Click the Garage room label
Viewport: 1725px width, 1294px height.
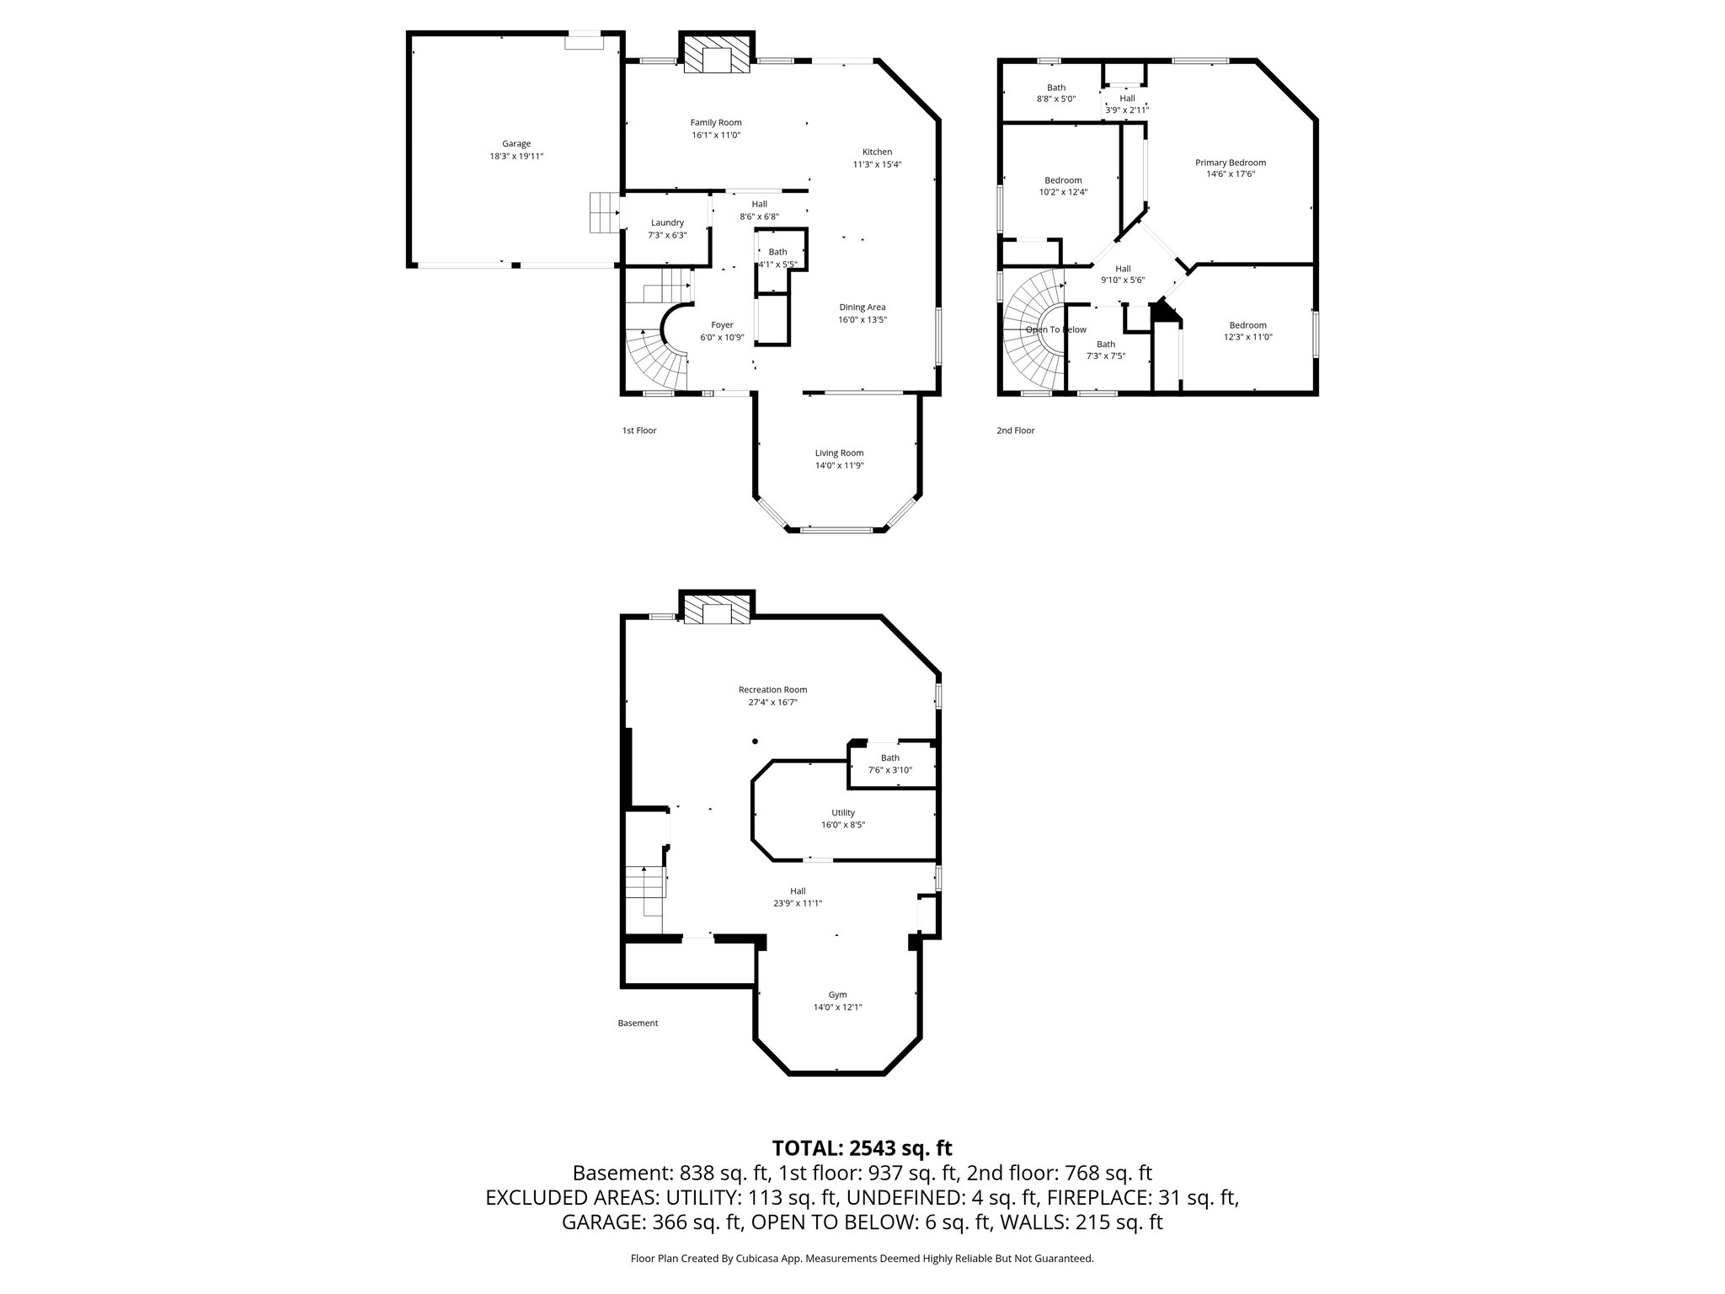(516, 144)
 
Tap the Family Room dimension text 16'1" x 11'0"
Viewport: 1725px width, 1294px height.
(716, 135)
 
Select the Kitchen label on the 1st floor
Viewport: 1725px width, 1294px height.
(877, 152)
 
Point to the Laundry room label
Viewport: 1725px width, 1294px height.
(667, 223)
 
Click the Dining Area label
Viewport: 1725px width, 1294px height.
(862, 307)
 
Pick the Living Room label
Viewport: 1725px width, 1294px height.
(839, 453)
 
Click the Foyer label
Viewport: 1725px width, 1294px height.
(722, 325)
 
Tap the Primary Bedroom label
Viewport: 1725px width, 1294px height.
(1231, 163)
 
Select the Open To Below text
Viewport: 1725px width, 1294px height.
(1056, 330)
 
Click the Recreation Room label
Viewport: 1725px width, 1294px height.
(772, 690)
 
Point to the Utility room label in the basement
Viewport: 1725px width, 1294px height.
(843, 813)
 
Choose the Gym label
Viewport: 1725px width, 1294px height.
(837, 995)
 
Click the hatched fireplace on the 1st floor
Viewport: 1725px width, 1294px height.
(716, 55)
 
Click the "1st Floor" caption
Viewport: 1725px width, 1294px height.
(639, 430)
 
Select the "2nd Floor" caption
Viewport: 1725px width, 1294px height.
(1015, 430)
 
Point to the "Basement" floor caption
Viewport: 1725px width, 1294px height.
(638, 1024)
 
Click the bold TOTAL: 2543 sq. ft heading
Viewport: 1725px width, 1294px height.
(862, 1148)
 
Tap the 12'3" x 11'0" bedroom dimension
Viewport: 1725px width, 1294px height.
(1247, 337)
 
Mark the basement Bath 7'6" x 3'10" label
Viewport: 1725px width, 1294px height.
(890, 764)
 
